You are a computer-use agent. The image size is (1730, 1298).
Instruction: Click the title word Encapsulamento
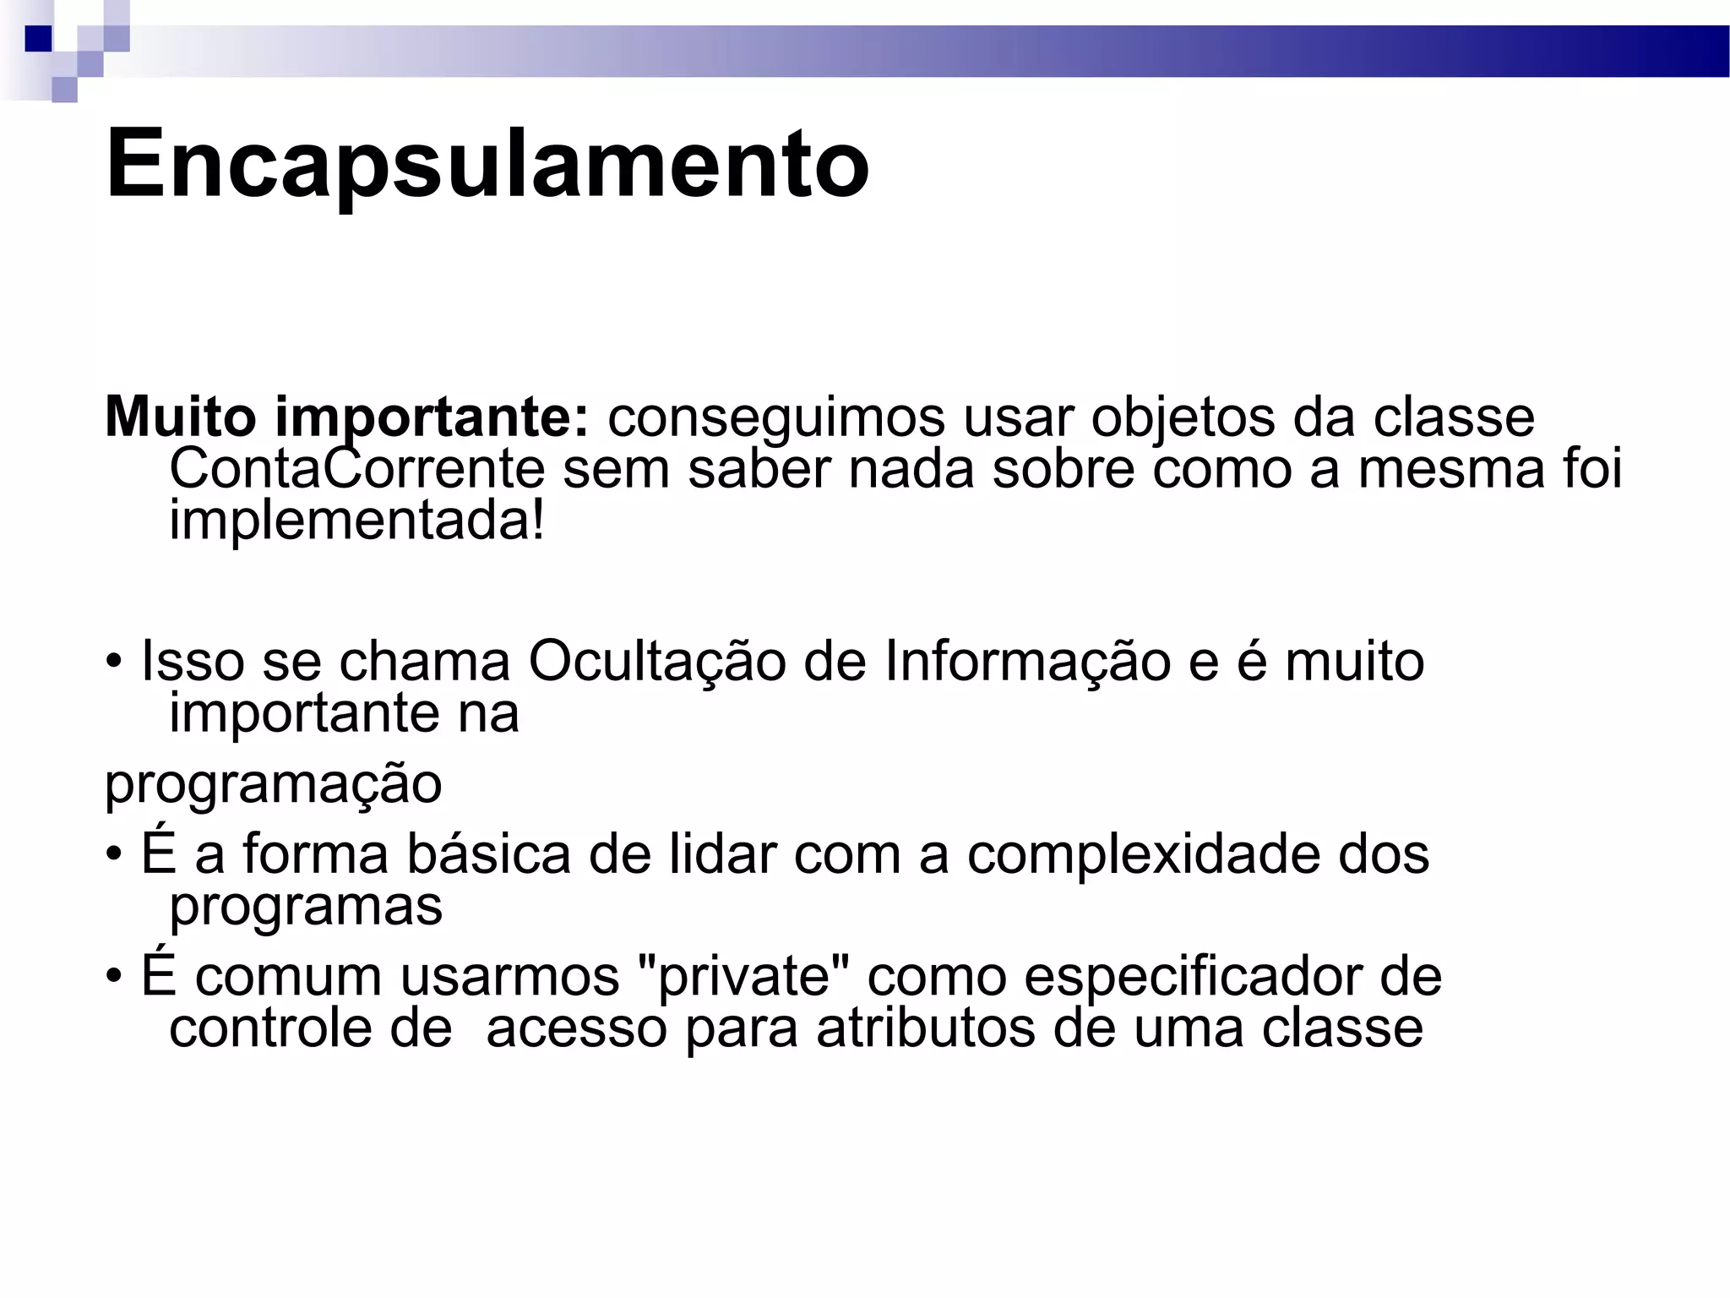[487, 163]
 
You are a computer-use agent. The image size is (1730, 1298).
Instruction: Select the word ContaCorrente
[356, 469]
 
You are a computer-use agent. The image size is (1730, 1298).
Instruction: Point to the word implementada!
[356, 520]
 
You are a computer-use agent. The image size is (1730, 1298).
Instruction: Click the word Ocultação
[656, 661]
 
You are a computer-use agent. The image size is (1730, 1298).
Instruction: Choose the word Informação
[1027, 661]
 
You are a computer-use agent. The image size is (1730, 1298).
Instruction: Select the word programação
[273, 784]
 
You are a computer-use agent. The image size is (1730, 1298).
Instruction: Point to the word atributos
[925, 1029]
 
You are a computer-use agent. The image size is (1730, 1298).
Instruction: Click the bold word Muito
[180, 417]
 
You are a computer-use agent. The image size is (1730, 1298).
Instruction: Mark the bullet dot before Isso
[114, 662]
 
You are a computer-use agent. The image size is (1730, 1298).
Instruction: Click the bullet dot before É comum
[114, 977]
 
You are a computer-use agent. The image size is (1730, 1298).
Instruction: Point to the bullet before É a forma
[114, 854]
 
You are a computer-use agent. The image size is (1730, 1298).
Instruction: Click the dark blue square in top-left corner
[38, 39]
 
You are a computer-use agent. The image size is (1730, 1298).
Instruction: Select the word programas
[306, 907]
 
